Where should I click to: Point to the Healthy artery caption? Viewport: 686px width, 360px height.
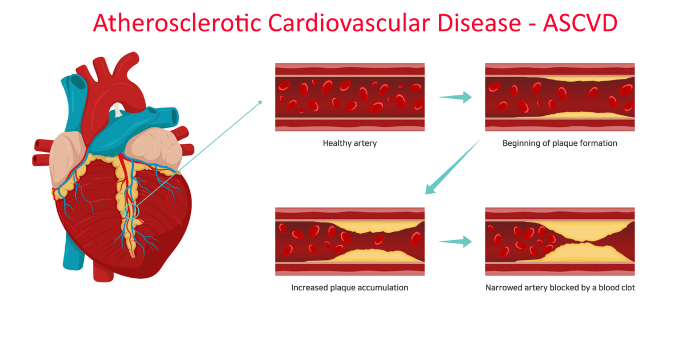tap(350, 143)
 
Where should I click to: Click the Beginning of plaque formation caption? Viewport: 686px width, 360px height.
tap(560, 143)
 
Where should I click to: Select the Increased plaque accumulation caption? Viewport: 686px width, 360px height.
tap(350, 287)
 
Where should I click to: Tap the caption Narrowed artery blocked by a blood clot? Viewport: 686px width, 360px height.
tap(560, 287)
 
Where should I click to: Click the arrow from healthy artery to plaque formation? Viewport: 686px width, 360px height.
tap(455, 97)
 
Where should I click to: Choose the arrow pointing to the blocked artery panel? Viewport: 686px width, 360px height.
tap(455, 241)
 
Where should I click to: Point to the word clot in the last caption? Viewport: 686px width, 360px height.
tap(627, 287)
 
